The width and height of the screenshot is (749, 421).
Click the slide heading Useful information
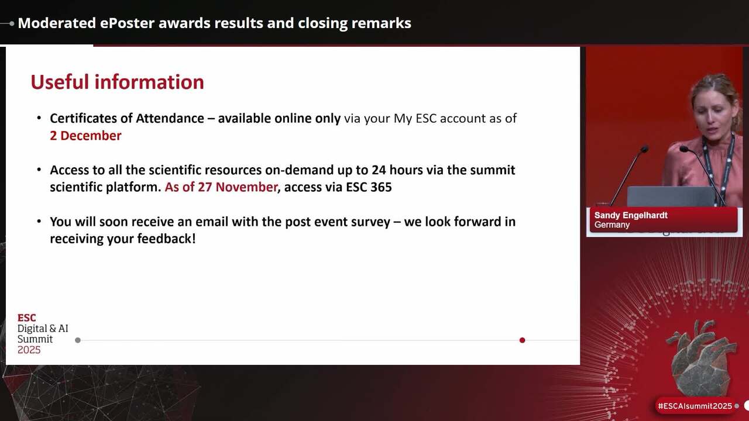coord(117,82)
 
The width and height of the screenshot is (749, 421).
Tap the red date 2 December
coord(85,136)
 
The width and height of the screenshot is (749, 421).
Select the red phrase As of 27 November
coord(221,187)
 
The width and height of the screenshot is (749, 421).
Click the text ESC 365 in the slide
coord(369,187)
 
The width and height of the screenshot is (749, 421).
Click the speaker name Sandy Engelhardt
coord(631,216)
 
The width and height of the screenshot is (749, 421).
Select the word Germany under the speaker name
coord(612,225)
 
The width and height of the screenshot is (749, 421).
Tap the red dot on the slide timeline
coord(523,340)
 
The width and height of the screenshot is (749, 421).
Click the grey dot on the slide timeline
coord(78,340)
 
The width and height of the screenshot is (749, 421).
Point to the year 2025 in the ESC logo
coord(29,350)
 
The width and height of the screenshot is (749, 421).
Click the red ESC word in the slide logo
coord(26,318)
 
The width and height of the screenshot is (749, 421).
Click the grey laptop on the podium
coord(671,196)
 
